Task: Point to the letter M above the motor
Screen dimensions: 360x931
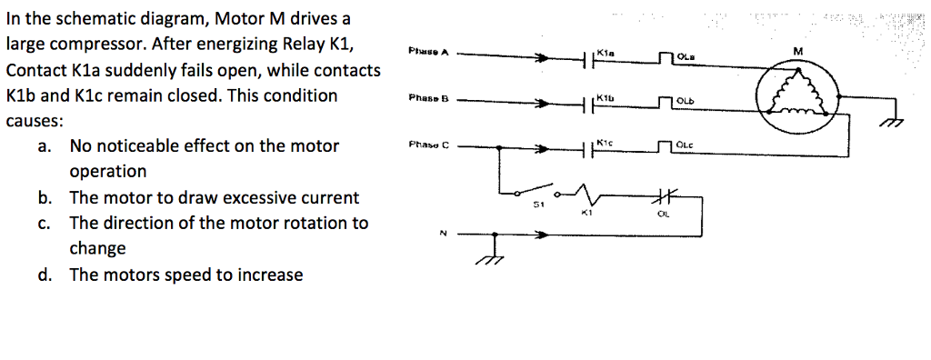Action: [x=797, y=51]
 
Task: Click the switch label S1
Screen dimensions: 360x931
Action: [x=539, y=205]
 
